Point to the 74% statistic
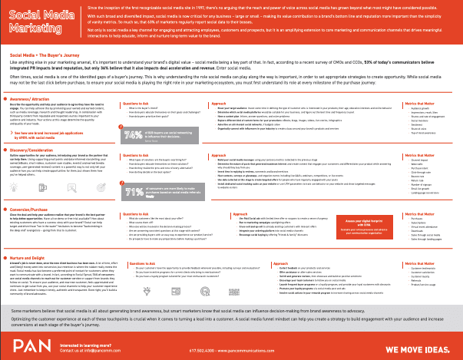pos(133,138)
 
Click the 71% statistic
pos(133,193)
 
